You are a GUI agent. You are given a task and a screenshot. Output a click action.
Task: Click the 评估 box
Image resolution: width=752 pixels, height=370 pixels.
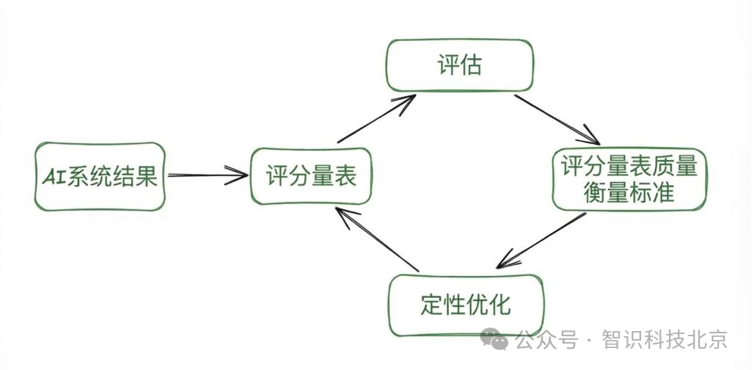point(459,65)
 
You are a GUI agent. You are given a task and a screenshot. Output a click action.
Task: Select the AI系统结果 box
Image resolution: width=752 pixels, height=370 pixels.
point(100,176)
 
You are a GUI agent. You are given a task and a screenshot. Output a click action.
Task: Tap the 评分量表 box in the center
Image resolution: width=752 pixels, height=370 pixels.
point(311,176)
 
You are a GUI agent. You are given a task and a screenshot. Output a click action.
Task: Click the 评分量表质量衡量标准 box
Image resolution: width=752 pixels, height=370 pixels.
point(629,179)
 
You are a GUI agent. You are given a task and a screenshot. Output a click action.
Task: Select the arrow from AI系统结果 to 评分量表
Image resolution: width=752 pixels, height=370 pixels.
point(208,175)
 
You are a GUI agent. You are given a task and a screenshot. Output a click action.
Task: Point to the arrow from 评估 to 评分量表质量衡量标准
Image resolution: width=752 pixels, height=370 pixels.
point(556,118)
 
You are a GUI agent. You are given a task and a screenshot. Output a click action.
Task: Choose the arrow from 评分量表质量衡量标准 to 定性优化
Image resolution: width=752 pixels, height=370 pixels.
point(541,240)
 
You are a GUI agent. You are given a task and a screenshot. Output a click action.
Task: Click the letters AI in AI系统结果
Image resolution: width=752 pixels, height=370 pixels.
point(53,177)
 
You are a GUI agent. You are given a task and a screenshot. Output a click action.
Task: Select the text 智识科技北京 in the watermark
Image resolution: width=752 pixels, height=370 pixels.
point(664,340)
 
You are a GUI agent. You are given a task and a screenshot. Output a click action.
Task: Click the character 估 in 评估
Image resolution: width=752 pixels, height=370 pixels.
point(471,65)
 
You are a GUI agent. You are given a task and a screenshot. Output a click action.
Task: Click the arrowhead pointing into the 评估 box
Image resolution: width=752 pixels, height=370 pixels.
point(408,101)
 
